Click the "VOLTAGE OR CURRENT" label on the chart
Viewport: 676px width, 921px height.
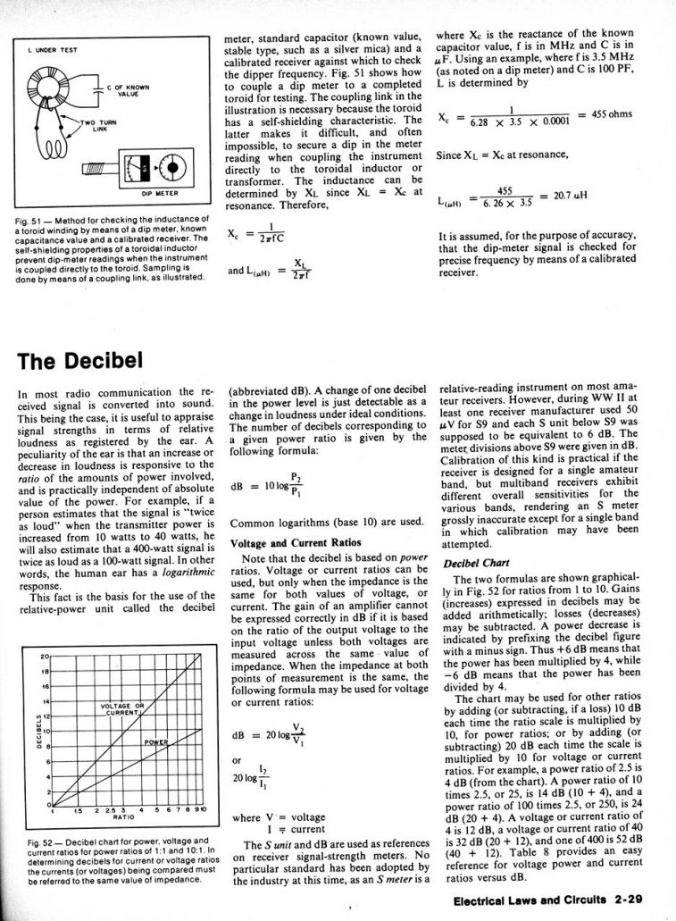click(x=120, y=711)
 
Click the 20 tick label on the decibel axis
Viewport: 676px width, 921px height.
click(x=44, y=658)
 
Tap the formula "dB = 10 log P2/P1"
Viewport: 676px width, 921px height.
click(x=265, y=486)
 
